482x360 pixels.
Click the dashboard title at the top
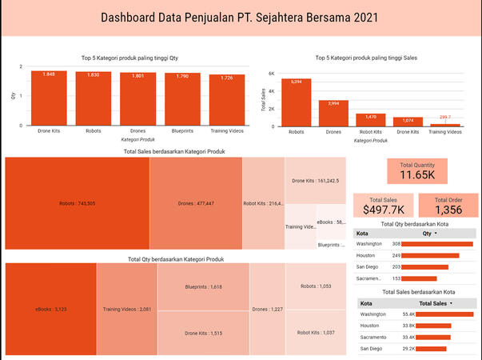coord(241,18)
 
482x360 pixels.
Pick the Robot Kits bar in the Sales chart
coord(370,120)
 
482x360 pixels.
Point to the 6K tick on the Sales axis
coord(271,74)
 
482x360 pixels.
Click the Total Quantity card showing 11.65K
coord(418,170)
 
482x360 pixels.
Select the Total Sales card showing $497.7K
coord(380,206)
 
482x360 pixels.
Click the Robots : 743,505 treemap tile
coord(77,203)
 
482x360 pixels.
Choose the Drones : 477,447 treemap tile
coord(195,203)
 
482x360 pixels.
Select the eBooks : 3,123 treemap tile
coord(50,308)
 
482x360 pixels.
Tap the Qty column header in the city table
coord(429,234)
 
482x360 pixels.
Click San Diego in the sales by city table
coord(371,349)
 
